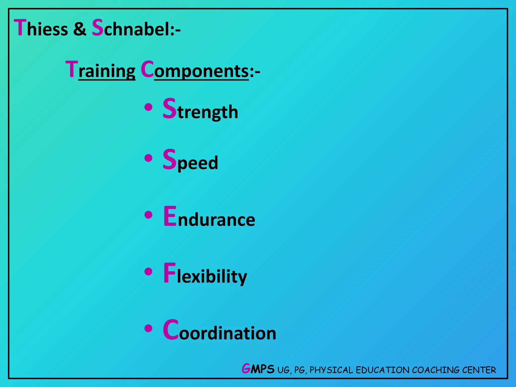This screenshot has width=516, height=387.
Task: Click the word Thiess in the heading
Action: pos(41,28)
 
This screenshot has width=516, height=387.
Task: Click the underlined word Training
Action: pos(101,70)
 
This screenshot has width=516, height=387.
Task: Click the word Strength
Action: pos(200,109)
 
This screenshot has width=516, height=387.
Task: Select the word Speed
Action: pos(190,160)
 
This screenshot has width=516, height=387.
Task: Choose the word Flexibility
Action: pos(205,274)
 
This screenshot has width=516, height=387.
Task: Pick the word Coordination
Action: pos(219,331)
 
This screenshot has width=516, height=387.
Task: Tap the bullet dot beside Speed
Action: pos(149,158)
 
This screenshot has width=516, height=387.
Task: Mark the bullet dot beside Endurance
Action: pos(149,215)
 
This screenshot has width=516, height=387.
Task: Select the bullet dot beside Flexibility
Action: pos(149,272)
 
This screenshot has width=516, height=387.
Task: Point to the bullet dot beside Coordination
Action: pos(149,328)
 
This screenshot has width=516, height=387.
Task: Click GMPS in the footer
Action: pos(258,369)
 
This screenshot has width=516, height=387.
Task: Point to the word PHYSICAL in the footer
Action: pos(331,370)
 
